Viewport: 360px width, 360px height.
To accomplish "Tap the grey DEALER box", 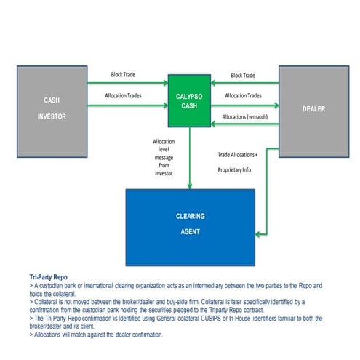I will [x=308, y=109].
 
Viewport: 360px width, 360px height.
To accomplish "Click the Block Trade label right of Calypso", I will [x=243, y=76].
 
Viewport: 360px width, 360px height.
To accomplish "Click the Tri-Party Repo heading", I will [x=49, y=278].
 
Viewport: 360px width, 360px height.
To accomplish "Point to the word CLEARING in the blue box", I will [x=190, y=217].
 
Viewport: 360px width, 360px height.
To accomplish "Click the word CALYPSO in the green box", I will [x=189, y=95].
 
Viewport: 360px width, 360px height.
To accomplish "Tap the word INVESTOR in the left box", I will [x=52, y=115].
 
